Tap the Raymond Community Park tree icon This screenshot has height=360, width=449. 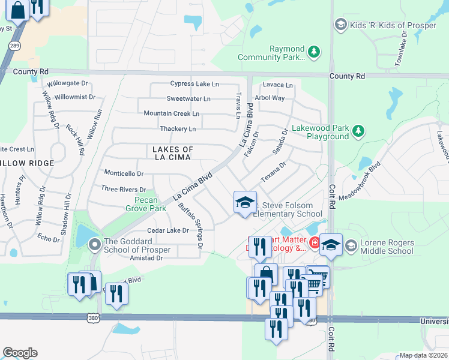pos(313,53)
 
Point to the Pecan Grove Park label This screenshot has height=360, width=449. pos(145,205)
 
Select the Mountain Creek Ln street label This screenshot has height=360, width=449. pos(171,113)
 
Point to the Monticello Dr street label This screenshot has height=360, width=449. pos(124,173)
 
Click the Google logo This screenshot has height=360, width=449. pos(20,353)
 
